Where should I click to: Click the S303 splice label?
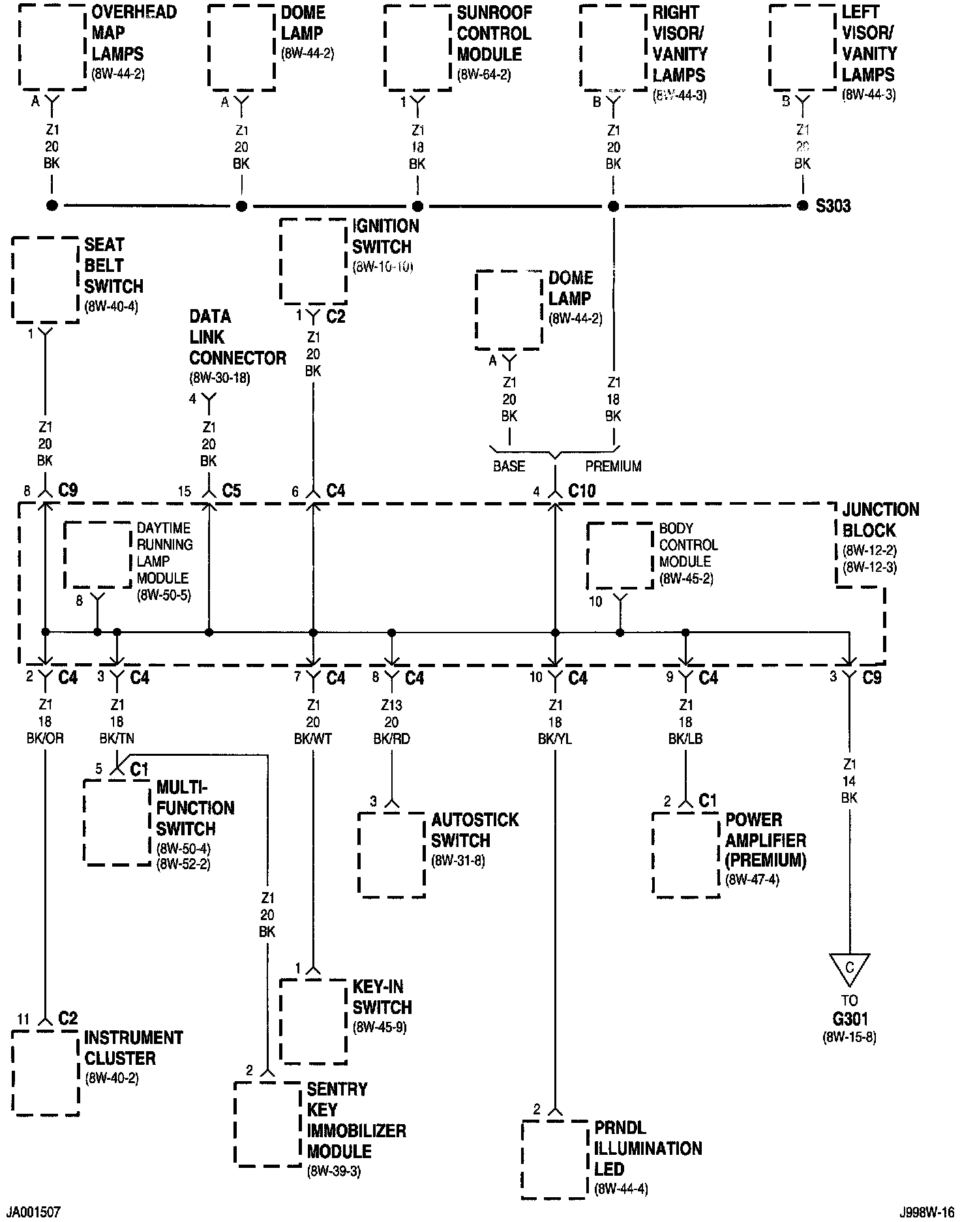point(833,206)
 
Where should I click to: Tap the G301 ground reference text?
point(849,1019)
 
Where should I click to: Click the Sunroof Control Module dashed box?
point(417,47)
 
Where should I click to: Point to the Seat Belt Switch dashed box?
point(45,279)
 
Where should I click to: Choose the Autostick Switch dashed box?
point(391,854)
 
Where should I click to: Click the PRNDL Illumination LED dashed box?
point(554,1159)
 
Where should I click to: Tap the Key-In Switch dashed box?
point(313,1021)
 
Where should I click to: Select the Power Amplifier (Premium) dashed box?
point(686,854)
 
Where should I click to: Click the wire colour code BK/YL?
point(555,739)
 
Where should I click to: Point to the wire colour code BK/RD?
point(391,739)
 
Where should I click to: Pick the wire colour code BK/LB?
point(685,739)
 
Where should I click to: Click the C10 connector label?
point(582,491)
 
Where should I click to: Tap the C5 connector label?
point(232,491)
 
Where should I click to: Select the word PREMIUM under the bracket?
point(613,466)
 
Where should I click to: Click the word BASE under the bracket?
point(509,466)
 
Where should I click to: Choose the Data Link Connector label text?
point(237,338)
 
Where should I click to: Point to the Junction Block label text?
point(880,520)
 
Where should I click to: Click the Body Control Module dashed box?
point(620,556)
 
